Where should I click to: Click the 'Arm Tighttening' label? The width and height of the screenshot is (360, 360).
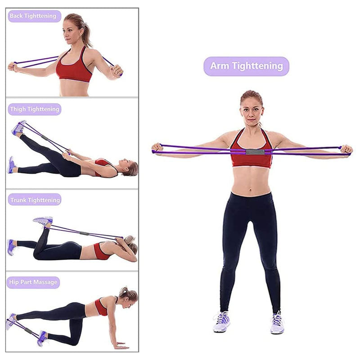(x=246, y=66)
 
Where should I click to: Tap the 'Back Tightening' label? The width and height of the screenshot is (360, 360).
(x=33, y=16)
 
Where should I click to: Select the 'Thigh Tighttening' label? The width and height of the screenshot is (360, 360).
(x=34, y=109)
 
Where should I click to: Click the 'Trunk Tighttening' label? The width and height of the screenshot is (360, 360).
(x=34, y=199)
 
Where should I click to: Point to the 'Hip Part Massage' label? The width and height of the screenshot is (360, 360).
(x=33, y=282)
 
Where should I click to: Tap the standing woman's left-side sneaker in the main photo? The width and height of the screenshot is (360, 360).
(x=221, y=322)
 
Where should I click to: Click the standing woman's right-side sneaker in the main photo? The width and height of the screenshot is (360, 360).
(x=277, y=323)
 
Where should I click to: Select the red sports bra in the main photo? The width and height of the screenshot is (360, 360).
(x=252, y=153)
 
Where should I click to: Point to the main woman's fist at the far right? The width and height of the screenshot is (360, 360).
(x=346, y=149)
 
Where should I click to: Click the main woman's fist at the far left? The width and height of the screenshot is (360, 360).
(x=157, y=147)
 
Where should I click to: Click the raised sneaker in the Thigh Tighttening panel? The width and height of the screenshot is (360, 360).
(x=19, y=128)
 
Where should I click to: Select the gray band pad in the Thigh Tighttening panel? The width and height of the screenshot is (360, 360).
(x=45, y=137)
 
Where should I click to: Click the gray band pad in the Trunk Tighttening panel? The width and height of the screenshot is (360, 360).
(x=84, y=234)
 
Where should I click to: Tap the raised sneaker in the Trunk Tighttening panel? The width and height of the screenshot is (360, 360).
(x=43, y=220)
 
